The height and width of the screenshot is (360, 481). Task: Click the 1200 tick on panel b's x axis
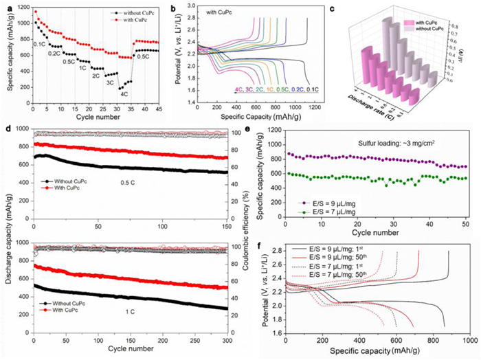316,108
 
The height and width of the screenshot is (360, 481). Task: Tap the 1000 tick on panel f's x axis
471,341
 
